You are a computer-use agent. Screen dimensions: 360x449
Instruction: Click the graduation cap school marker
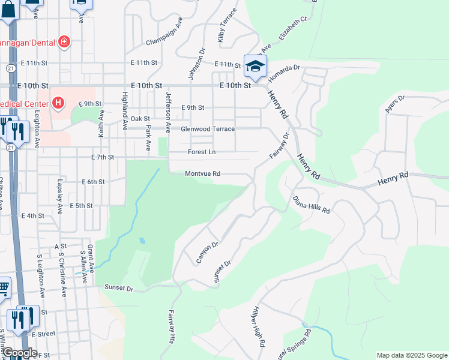click(x=255, y=65)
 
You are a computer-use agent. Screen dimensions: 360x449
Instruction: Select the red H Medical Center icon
click(x=58, y=103)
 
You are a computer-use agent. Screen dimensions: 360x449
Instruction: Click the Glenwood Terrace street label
click(x=208, y=129)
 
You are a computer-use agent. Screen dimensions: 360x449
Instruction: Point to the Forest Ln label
click(x=201, y=152)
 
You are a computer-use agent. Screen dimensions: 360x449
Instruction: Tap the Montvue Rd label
click(x=202, y=174)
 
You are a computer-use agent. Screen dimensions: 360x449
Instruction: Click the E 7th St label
click(x=103, y=157)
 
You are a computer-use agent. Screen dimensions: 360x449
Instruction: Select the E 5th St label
click(x=81, y=206)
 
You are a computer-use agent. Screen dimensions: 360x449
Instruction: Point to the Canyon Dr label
click(x=206, y=253)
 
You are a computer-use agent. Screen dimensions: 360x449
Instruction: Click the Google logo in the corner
click(x=20, y=353)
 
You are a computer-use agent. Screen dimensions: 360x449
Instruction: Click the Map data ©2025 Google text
click(x=412, y=355)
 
